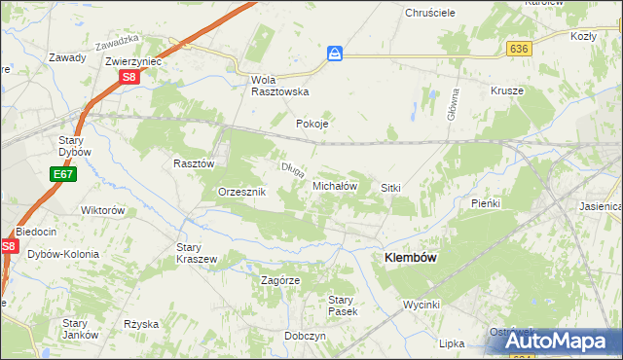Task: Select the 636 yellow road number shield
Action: coord(518,48)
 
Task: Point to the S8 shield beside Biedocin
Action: coord(9,247)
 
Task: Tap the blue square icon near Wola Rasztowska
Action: coord(335,54)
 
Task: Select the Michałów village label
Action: coord(336,185)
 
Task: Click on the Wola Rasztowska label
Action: coord(279,85)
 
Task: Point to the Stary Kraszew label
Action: coord(196,253)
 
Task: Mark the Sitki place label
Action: coord(391,187)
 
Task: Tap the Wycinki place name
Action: coord(424,305)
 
